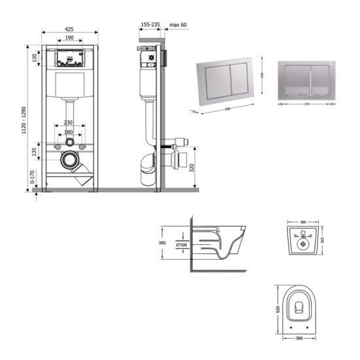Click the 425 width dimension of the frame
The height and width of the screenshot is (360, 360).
coord(69,29)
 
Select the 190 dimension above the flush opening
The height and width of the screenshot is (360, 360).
coord(69,39)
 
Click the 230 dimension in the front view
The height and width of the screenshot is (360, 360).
coord(69,123)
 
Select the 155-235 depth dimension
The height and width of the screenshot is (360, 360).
coord(151,25)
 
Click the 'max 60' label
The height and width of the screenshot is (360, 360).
coord(178,25)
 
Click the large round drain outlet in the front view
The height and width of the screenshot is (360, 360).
coord(69,158)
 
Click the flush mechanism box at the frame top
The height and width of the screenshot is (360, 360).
coord(69,58)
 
